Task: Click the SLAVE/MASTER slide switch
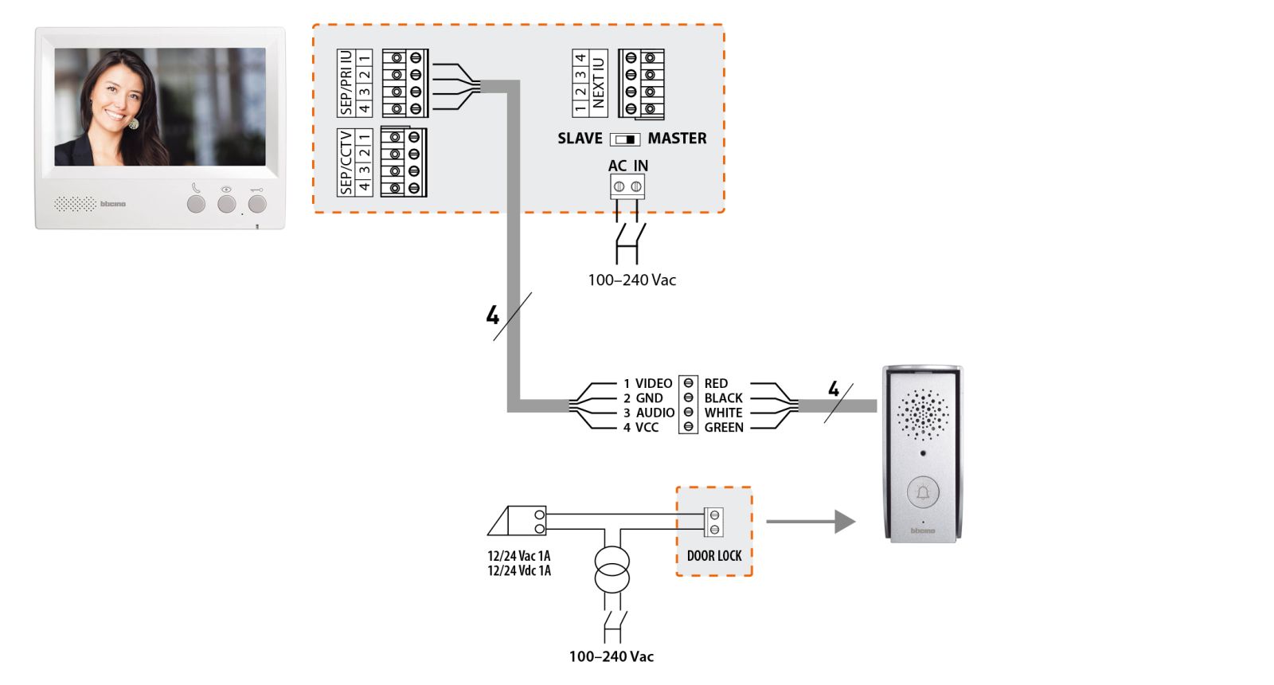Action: click(624, 139)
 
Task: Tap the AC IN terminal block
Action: click(627, 186)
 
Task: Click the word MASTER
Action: click(677, 139)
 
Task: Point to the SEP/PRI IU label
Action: click(346, 83)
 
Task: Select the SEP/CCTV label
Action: click(346, 162)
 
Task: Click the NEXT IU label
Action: click(598, 83)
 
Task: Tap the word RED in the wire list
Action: click(716, 383)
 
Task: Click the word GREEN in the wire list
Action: click(724, 427)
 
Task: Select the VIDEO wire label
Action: click(654, 383)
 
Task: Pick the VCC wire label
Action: click(647, 427)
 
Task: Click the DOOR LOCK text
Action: click(713, 556)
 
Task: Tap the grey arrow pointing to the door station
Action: click(811, 521)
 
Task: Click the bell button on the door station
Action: click(923, 492)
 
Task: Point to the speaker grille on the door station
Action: click(923, 415)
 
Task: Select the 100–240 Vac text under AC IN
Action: click(632, 280)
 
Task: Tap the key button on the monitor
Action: click(257, 204)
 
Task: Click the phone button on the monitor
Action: click(196, 204)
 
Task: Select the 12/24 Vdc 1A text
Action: click(518, 570)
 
